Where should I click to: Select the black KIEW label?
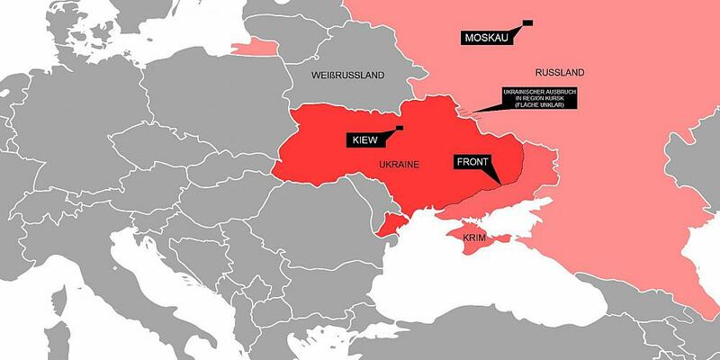point(364,139)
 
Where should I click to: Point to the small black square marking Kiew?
point(399,128)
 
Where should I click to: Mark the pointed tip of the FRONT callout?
point(497,184)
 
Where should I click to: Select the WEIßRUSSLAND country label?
point(347,74)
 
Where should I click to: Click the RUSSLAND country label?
point(559,72)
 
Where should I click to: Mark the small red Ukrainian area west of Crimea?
point(388,224)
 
